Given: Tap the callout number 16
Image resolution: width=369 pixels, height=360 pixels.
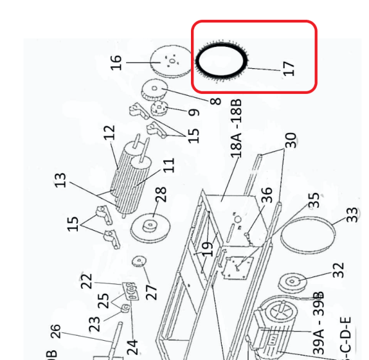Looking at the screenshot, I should click(116, 62).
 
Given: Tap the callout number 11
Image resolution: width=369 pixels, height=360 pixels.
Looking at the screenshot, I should click(169, 165).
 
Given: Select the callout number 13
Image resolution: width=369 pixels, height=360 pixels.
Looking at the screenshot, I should click(61, 180).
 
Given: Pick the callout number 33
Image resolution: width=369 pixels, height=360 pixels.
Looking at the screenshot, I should click(352, 215).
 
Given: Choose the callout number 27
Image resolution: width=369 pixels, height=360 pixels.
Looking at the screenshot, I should click(151, 291).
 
